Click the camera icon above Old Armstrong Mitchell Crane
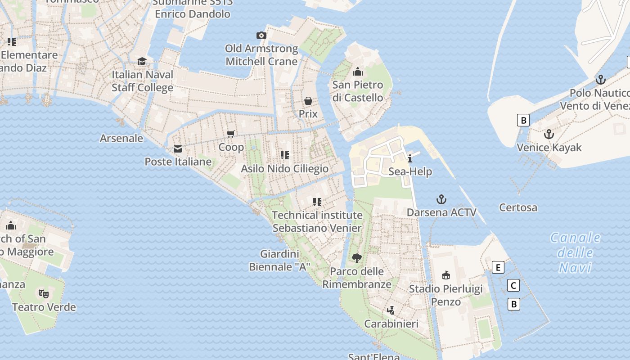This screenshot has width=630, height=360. point(261,35)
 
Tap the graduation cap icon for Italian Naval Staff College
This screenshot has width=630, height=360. point(142,61)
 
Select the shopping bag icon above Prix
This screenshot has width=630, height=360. point(308,100)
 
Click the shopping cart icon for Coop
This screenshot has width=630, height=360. point(231,134)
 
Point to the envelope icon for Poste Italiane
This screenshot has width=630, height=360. point(178,148)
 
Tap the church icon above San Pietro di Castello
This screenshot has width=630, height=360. point(358,72)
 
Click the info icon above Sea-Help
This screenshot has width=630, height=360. point(410,158)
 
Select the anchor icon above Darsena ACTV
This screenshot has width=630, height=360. point(441,199)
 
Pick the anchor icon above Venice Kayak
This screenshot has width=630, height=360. point(549,134)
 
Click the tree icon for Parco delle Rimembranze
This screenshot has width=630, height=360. point(356,258)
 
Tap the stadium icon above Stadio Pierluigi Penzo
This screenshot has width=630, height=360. point(445,275)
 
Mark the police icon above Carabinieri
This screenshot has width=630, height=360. point(391,310)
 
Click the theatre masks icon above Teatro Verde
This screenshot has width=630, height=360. point(44,294)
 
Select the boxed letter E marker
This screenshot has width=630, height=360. point(498,267)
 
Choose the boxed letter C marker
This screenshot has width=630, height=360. point(513,285)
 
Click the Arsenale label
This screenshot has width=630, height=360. point(121,138)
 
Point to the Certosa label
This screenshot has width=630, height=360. point(518,207)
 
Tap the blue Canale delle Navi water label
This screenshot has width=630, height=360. point(575,252)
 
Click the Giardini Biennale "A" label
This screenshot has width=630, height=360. point(279,260)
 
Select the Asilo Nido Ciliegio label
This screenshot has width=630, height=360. point(285,169)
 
